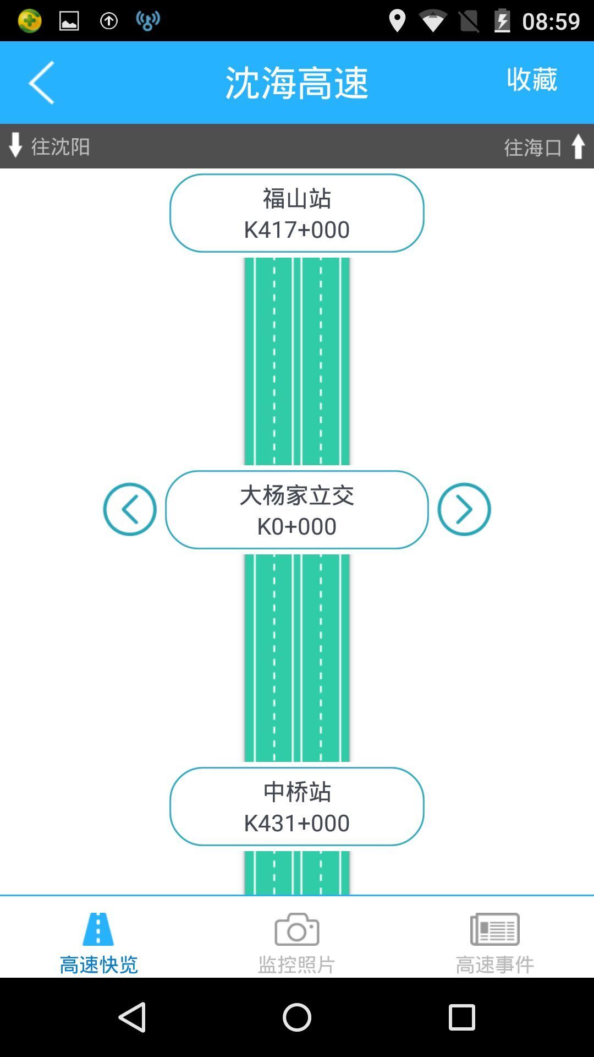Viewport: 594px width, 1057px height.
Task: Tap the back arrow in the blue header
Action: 41,83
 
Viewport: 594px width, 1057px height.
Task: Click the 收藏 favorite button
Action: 532,79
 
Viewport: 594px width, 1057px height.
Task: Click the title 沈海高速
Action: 297,83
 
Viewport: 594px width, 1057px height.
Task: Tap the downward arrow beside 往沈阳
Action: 15,145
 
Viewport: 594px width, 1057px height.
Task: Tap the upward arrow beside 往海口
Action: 578,146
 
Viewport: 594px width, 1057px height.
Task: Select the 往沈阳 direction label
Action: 61,146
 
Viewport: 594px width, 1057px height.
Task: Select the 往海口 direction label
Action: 533,148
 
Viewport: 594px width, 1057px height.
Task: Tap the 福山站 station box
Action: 297,213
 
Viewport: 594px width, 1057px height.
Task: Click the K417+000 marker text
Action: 297,230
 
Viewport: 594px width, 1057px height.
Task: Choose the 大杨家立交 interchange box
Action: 297,510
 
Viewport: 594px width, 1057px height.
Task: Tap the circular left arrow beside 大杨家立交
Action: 130,509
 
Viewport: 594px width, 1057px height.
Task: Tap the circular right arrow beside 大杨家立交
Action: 464,509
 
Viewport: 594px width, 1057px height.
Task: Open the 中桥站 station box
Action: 297,807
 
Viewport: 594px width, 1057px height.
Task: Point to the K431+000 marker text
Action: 297,823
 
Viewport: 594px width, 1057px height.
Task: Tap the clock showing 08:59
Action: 551,21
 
